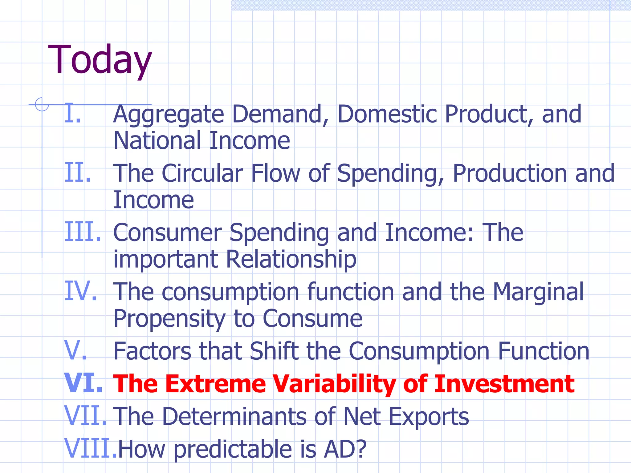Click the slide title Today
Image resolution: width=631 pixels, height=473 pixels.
(100, 60)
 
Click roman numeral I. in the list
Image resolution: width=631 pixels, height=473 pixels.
(73, 113)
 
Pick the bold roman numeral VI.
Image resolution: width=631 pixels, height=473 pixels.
(83, 383)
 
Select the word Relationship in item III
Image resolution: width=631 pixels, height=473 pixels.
(291, 259)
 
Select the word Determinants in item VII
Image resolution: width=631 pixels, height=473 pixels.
(234, 416)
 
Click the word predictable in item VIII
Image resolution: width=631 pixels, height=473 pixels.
(233, 449)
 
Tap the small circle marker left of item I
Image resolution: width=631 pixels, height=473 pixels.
(42, 104)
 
